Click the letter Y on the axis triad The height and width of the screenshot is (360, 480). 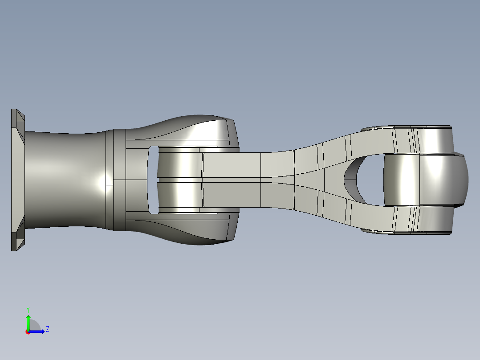[28, 309]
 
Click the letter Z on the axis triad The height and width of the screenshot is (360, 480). [47, 329]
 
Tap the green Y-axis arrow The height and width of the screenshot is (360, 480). [28, 321]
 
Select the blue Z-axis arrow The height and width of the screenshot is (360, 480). [38, 331]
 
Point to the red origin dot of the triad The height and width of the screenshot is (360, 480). [28, 332]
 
